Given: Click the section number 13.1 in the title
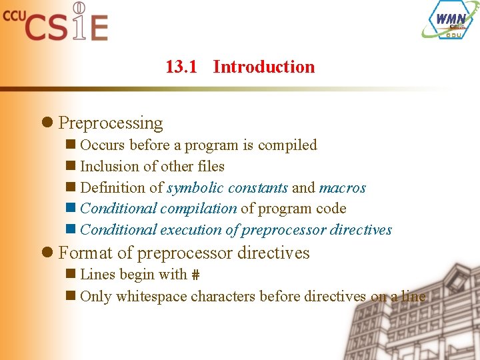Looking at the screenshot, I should (x=181, y=67).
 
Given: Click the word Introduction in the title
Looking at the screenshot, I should (x=264, y=67).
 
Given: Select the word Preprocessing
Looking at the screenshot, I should (x=111, y=123).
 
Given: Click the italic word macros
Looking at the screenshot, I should (x=343, y=188).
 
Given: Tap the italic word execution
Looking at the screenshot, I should (x=191, y=230).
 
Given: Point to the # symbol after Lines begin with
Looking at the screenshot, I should (x=195, y=275).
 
